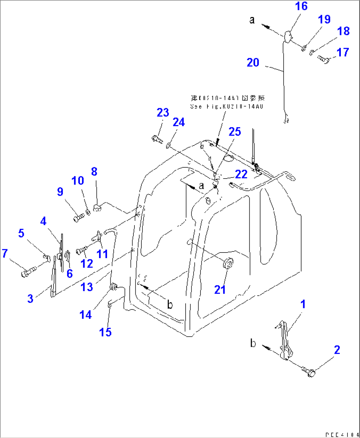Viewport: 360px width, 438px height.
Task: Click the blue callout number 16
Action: (x=301, y=6)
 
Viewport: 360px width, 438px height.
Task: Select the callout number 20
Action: (x=253, y=63)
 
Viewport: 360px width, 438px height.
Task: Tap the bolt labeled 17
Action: (x=323, y=59)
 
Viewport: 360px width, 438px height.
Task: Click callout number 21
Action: (x=220, y=290)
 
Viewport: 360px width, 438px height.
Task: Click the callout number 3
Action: (x=30, y=299)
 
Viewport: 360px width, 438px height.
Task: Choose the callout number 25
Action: (x=235, y=132)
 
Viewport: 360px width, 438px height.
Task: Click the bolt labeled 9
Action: (x=78, y=218)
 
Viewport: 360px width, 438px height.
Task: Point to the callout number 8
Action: (x=94, y=172)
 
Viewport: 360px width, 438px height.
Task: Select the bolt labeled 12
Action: (x=81, y=251)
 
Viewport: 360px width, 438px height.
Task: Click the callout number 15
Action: (x=105, y=332)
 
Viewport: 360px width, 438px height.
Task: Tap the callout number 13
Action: (x=87, y=287)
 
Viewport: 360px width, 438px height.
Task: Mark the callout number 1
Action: (x=303, y=304)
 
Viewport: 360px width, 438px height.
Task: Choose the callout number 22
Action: (x=241, y=174)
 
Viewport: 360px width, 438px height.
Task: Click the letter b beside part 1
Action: (x=253, y=343)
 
